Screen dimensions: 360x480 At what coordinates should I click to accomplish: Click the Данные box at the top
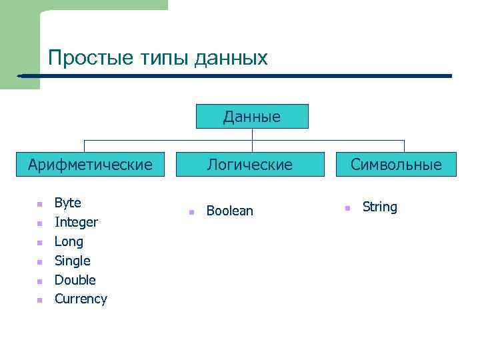point(252,117)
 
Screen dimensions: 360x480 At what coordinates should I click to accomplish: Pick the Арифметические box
point(90,164)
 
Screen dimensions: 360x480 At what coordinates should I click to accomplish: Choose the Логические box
point(250,164)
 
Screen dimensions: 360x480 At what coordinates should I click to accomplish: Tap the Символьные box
point(396,164)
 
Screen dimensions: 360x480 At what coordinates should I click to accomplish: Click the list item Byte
point(67,203)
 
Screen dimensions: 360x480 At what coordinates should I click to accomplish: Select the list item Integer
point(76,222)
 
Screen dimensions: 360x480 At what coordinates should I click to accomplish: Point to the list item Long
point(69,241)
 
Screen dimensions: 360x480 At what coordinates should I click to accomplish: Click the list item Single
point(72,261)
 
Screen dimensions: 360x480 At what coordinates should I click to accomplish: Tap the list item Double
point(75,280)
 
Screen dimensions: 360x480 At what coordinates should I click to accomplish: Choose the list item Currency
point(81,299)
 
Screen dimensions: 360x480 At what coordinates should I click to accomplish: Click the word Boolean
point(229,211)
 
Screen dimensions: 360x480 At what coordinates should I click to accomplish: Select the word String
point(379,207)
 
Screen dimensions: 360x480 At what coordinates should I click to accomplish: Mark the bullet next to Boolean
point(190,212)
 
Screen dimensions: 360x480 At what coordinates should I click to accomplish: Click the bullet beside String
point(347,209)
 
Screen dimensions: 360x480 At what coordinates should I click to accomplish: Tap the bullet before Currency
point(40,300)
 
